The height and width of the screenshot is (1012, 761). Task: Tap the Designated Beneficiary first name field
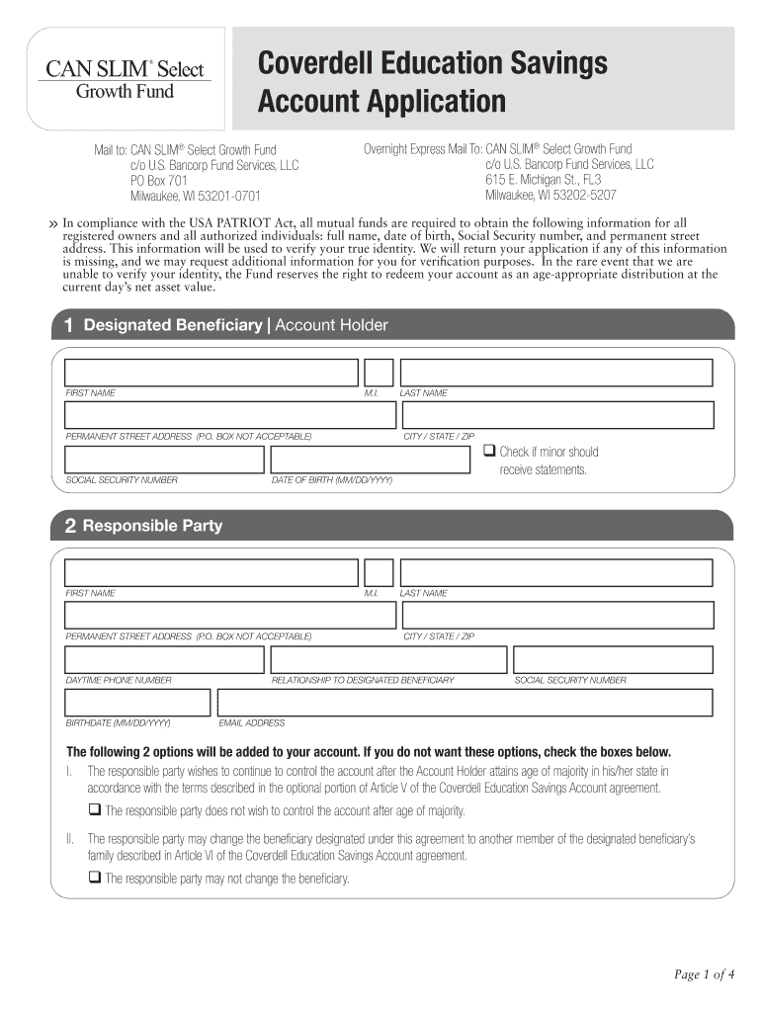211,373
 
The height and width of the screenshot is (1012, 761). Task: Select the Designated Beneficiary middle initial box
379,373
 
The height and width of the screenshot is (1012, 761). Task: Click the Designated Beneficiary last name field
556,373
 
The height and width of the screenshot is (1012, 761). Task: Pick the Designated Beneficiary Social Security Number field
164,460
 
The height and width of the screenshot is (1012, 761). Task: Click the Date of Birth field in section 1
373,460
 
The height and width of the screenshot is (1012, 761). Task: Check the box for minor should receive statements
488,451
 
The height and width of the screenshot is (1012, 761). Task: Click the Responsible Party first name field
211,572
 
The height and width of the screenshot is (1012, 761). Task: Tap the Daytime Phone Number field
164,659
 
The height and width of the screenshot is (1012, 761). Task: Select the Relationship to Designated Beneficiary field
388,659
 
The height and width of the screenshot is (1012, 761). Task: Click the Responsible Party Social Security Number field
613,659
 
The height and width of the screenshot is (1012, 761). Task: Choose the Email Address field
465,702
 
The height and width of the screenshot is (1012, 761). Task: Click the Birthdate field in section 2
137,702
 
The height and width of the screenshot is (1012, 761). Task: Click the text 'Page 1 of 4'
705,975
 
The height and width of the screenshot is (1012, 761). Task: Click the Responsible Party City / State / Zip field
556,615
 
